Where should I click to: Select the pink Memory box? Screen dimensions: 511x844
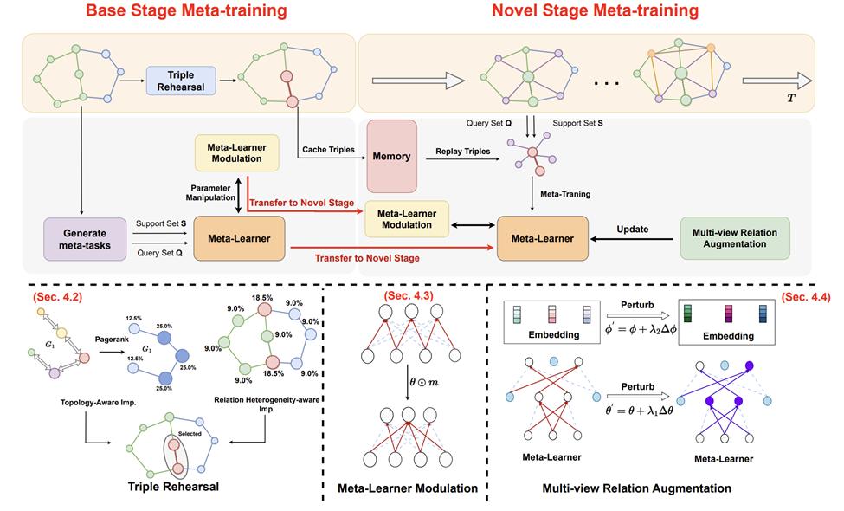click(x=391, y=156)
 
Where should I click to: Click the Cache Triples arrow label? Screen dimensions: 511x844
click(x=330, y=150)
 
